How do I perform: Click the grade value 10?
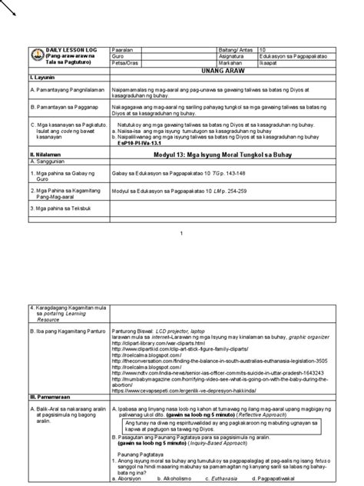click(x=263, y=48)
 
